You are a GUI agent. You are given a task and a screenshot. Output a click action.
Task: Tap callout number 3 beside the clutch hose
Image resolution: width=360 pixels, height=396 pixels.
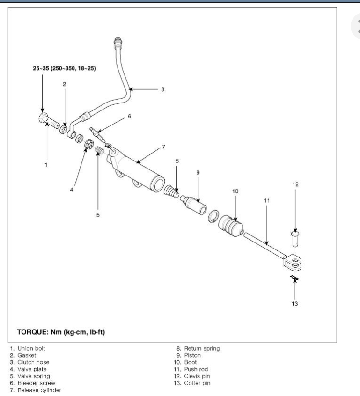(162, 88)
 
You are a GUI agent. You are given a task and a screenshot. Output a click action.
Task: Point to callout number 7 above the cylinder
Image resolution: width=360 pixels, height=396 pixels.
(163, 147)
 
